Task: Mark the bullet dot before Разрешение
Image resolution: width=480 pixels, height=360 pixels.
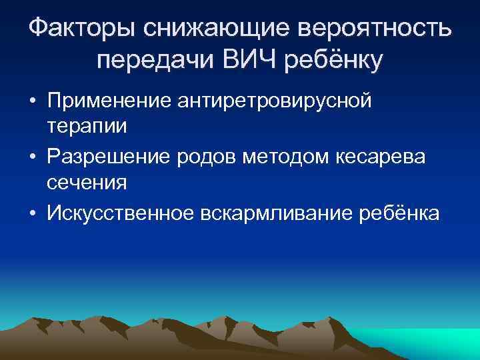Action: click(x=33, y=157)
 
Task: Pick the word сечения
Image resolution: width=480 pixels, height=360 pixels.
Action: click(x=82, y=181)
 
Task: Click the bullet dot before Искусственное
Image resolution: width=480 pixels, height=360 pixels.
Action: click(x=33, y=213)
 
